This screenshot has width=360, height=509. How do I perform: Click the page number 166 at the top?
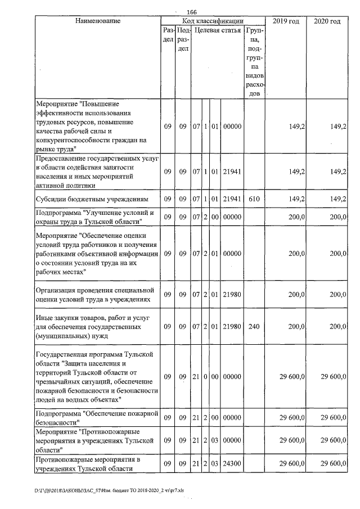point(191,12)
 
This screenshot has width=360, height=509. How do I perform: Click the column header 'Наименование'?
point(97,21)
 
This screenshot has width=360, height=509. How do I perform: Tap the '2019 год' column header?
point(286,21)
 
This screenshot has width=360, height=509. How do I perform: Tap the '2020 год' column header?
point(327,21)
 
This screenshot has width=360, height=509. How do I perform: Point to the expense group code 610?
point(254,199)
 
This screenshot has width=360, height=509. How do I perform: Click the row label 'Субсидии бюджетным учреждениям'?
point(92,199)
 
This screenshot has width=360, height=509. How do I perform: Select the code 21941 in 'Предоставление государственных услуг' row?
point(232,172)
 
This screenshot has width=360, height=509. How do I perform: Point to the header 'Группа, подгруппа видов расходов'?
point(254,61)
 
